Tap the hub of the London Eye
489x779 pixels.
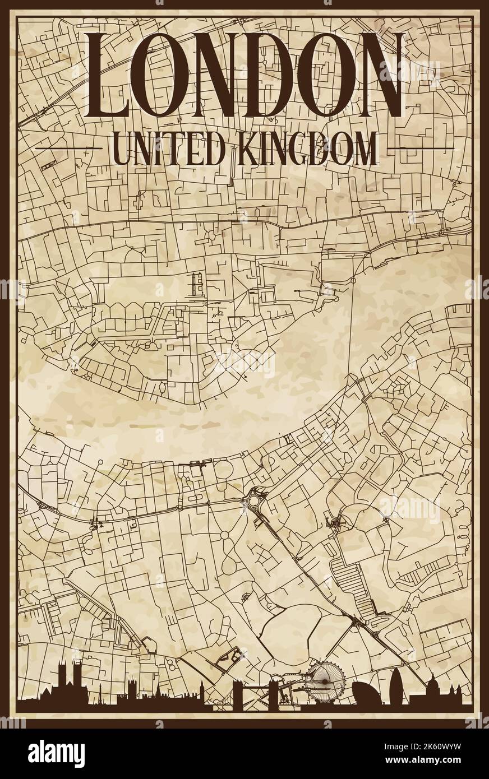324,681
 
